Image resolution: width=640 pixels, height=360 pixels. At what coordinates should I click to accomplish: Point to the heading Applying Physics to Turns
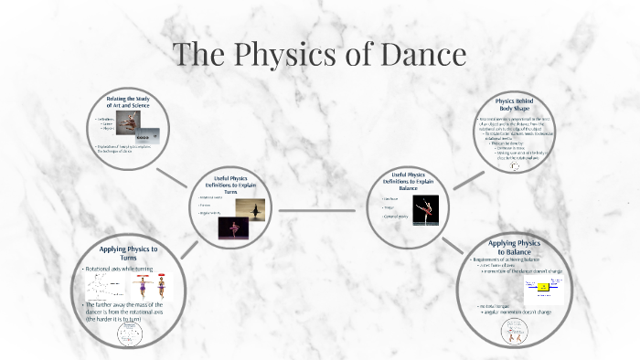(x=128, y=253)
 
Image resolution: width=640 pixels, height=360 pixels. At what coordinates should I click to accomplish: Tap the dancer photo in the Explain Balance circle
(x=424, y=210)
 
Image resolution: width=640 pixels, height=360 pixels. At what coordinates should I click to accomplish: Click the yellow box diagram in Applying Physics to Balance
(x=541, y=288)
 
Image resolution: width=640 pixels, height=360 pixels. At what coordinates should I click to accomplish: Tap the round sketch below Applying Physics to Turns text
(x=129, y=334)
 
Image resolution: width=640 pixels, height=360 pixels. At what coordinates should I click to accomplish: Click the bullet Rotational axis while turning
(x=121, y=269)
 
